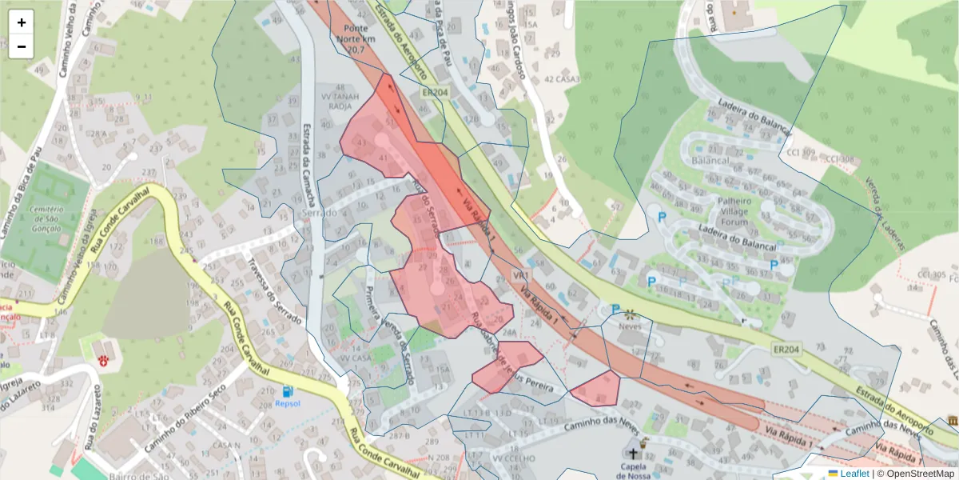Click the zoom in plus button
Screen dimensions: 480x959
click(x=22, y=22)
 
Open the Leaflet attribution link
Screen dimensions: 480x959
click(x=854, y=474)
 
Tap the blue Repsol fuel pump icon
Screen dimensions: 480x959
click(x=287, y=391)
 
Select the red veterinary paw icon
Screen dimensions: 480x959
click(x=103, y=361)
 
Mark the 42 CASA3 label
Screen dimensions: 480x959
click(x=562, y=78)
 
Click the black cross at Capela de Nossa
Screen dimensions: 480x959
click(x=636, y=442)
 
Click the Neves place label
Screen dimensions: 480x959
click(x=631, y=326)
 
